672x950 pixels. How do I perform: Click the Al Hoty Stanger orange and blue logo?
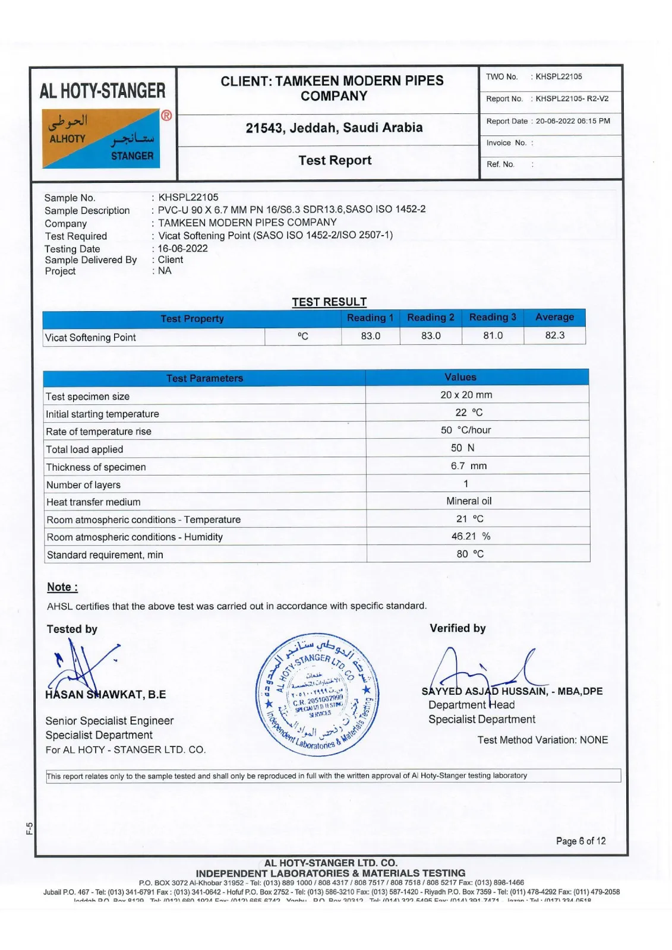(x=101, y=138)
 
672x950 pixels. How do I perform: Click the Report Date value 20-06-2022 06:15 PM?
(x=573, y=121)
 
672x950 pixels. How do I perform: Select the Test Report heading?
(x=335, y=160)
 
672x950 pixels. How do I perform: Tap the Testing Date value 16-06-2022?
(x=183, y=249)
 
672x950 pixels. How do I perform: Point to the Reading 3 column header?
(x=493, y=317)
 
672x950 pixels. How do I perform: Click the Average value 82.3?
(x=555, y=335)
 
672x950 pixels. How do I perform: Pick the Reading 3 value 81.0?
(x=493, y=335)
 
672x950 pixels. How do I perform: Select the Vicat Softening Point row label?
(x=91, y=337)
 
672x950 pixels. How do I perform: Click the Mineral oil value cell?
(x=469, y=501)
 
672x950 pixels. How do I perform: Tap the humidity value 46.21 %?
(x=471, y=536)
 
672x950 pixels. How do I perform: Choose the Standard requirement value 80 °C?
(x=470, y=554)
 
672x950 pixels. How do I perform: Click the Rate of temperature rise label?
(x=99, y=432)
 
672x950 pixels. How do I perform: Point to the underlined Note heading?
(x=62, y=587)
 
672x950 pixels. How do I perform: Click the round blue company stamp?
(x=317, y=695)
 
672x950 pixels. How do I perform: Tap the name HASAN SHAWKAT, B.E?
(x=106, y=695)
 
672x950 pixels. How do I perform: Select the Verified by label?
(x=458, y=628)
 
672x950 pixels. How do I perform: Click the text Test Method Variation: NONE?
(x=542, y=740)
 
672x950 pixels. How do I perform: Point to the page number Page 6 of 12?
(x=580, y=841)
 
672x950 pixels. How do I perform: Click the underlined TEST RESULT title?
(x=329, y=302)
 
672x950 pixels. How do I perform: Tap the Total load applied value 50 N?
(x=462, y=448)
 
